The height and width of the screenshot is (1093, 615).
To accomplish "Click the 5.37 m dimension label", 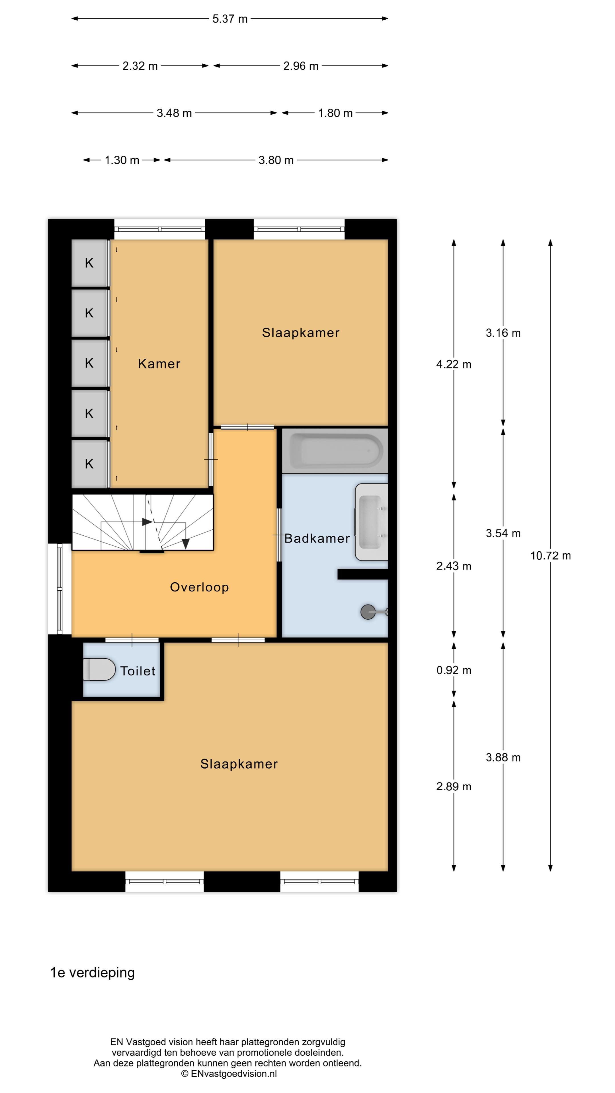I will (229, 19).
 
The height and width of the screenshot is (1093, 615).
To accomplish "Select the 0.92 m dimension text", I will (453, 670).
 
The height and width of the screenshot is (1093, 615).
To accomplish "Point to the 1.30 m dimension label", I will (122, 160).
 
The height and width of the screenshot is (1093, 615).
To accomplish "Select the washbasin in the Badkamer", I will (371, 522).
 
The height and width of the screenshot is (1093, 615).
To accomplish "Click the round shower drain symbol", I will (368, 612).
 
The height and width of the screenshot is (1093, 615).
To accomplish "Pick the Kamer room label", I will (159, 364).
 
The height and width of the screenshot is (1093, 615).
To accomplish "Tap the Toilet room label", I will (138, 671).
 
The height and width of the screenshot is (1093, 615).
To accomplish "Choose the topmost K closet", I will (89, 263).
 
